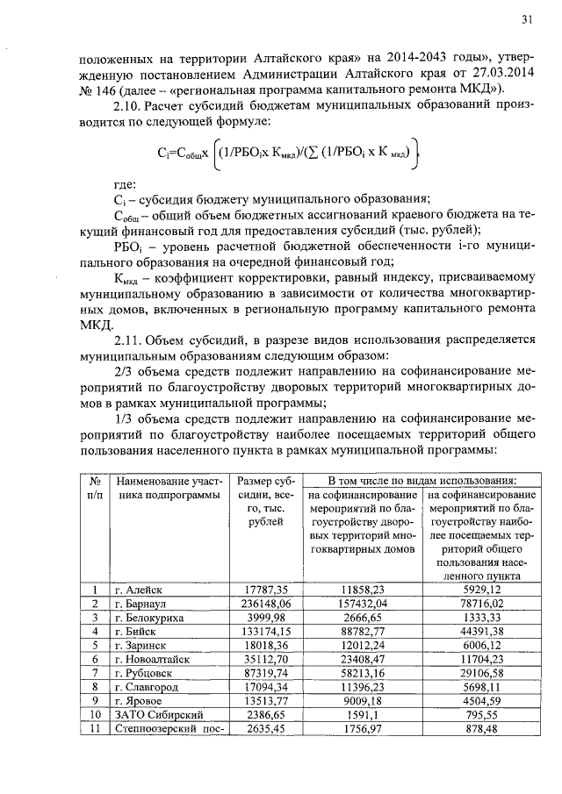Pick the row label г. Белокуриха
click(x=150, y=618)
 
